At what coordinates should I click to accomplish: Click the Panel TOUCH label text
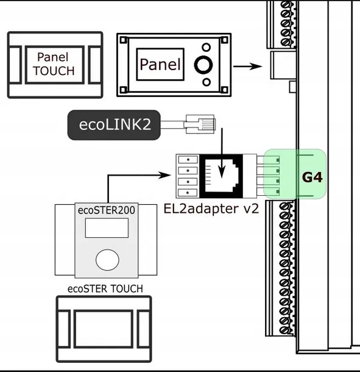pos(54,63)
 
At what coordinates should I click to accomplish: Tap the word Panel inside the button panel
pos(160,64)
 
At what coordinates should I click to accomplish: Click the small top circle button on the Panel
pos(207,47)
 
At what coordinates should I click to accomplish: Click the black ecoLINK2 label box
pos(115,126)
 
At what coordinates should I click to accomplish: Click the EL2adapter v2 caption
pos(211,208)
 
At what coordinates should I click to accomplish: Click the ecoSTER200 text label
pos(106,210)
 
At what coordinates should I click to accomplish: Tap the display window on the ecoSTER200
pos(106,228)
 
